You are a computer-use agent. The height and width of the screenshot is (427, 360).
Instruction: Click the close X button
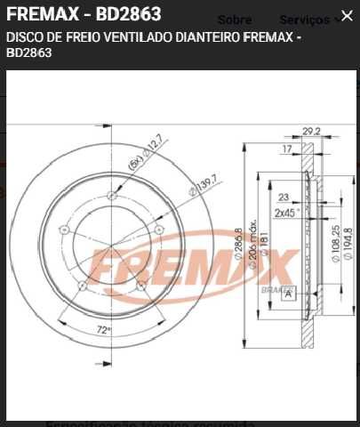point(346,16)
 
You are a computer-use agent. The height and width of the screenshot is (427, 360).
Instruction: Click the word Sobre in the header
point(234,20)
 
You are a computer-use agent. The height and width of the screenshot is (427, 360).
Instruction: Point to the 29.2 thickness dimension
point(310,131)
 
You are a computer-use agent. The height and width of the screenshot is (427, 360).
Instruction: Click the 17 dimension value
point(286,149)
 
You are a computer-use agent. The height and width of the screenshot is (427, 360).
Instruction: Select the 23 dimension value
point(284,198)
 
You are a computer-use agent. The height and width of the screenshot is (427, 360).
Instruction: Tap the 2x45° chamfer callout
point(285,213)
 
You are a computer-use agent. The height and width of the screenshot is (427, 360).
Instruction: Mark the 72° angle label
point(103,329)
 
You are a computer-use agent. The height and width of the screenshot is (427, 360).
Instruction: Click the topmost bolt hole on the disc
point(111,196)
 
